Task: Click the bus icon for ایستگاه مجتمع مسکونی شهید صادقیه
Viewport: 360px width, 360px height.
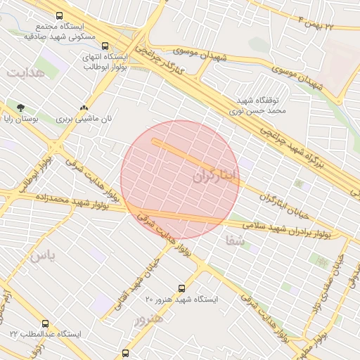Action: point(57,15)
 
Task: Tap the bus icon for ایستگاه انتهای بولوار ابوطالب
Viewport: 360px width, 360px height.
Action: point(105,46)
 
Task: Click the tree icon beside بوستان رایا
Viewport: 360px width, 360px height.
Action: point(20,108)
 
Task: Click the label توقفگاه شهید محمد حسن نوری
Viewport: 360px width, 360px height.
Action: point(258,105)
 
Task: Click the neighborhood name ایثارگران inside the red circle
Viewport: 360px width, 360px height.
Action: point(216,174)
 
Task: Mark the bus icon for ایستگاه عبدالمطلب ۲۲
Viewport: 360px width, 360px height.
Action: point(46,323)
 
